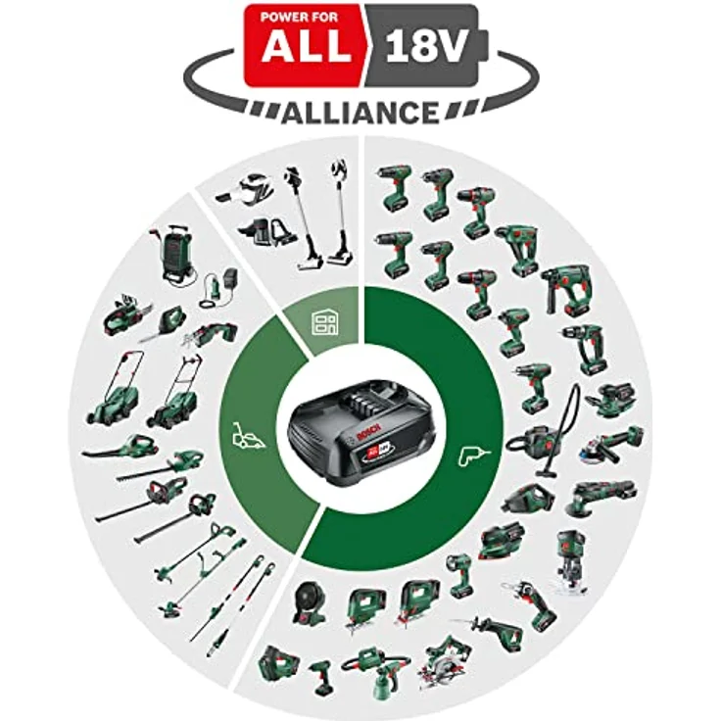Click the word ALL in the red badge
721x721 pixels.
pyautogui.click(x=304, y=48)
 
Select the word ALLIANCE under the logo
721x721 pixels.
pyautogui.click(x=361, y=112)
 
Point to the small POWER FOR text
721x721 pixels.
pyautogui.click(x=304, y=16)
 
